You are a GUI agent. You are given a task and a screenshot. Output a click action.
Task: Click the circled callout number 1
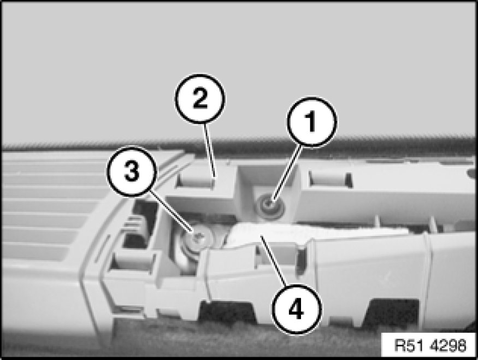[311, 122]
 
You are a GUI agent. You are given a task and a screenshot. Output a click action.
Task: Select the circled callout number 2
[200, 98]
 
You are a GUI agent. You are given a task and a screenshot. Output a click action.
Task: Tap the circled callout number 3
[132, 171]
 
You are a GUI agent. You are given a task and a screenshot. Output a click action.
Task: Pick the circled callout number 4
[296, 309]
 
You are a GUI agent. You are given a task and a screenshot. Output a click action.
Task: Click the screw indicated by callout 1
[269, 206]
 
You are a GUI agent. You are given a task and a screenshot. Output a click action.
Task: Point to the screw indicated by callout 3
[198, 238]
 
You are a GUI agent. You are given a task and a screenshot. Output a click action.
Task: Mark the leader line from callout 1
[287, 174]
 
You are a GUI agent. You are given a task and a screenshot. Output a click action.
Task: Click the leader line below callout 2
[210, 151]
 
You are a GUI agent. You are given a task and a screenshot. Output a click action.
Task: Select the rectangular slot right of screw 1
[330, 179]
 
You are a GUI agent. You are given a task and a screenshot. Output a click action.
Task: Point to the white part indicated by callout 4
[262, 235]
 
